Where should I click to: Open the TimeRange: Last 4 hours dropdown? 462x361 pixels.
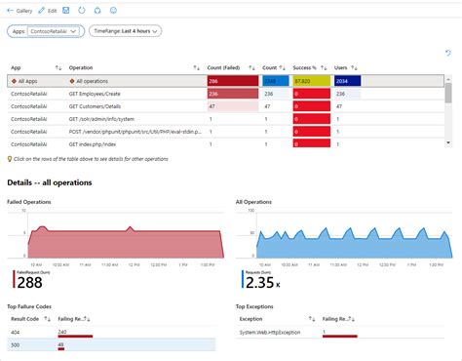point(125,31)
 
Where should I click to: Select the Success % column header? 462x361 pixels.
point(307,67)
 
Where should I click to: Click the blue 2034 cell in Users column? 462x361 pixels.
point(347,81)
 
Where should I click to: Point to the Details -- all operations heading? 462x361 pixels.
point(49,182)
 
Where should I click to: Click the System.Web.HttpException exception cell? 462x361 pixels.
point(270,332)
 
